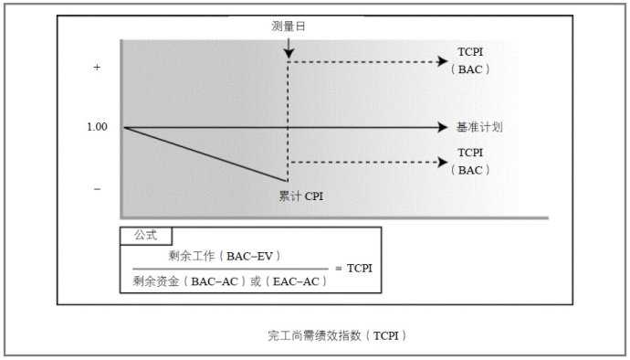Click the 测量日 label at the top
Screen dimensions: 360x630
[288, 26]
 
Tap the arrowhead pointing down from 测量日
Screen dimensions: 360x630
[289, 54]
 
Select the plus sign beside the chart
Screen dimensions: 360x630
[97, 69]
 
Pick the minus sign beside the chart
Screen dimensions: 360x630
[97, 188]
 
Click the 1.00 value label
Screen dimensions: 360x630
[97, 127]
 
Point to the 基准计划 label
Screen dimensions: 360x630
[479, 127]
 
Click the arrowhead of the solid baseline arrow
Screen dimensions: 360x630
[446, 127]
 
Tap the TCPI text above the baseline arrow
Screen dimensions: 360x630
[470, 53]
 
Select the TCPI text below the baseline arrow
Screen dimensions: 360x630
[470, 153]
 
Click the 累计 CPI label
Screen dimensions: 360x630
[300, 195]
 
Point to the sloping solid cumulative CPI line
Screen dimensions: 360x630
[205, 154]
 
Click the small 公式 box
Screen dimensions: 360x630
[145, 235]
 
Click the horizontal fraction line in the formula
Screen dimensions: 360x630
[227, 269]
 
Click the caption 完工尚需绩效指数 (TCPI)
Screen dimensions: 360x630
[337, 335]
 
